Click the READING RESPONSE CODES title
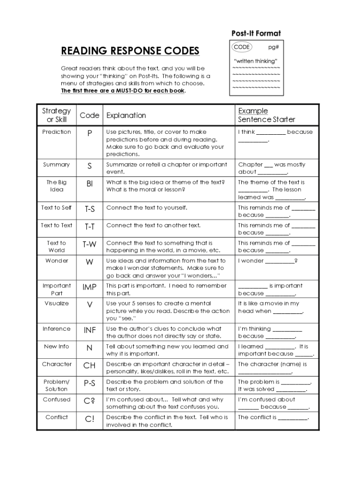click(x=130, y=51)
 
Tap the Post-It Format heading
click(x=256, y=33)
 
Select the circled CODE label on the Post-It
click(x=242, y=47)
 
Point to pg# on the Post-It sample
click(x=274, y=47)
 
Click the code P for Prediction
click(x=89, y=133)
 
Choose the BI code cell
click(x=89, y=184)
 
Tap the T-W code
click(x=89, y=244)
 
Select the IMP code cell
click(x=89, y=287)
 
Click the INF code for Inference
click(x=89, y=330)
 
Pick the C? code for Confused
click(x=89, y=401)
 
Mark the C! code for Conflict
click(x=89, y=419)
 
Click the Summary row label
click(x=57, y=165)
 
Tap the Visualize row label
click(x=57, y=304)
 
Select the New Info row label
click(x=57, y=347)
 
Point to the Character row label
click(x=57, y=364)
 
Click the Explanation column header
click(x=126, y=116)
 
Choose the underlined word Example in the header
click(x=253, y=111)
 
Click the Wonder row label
click(x=57, y=261)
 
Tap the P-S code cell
click(x=89, y=384)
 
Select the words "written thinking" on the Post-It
click(x=255, y=61)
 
